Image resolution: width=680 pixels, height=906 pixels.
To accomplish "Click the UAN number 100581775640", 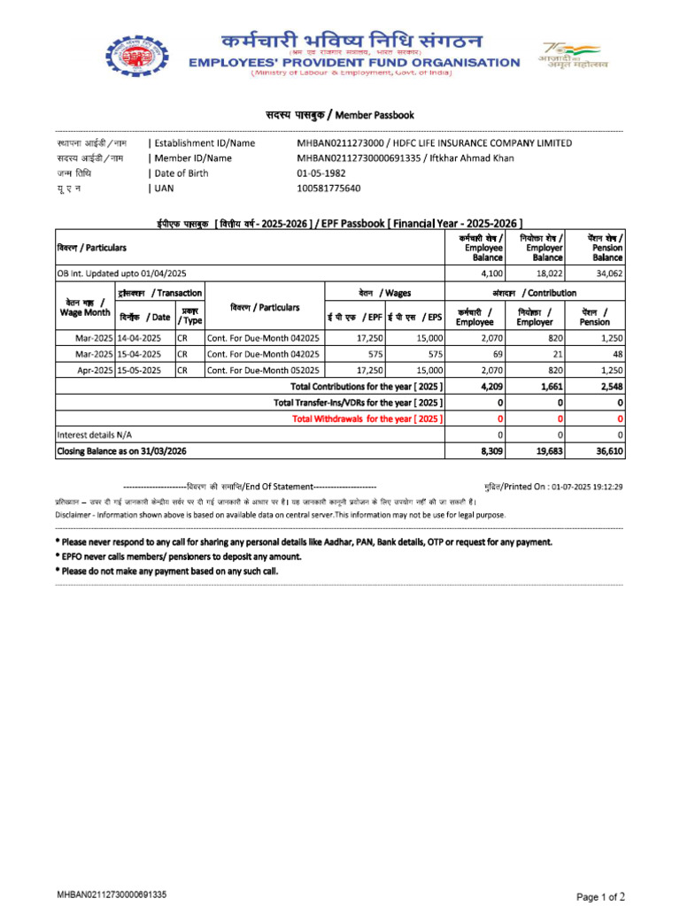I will click(328, 188).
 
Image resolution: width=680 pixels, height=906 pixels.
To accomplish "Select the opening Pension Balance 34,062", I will click(609, 274).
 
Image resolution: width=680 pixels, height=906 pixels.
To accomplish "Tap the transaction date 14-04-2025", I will click(139, 338).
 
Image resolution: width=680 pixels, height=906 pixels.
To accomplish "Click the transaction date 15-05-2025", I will click(139, 370).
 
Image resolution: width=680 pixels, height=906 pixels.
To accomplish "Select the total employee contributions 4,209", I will click(491, 387).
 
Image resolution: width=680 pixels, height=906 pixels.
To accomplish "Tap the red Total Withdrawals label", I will click(367, 418).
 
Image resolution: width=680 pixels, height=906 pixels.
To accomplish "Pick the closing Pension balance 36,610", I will click(608, 451).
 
